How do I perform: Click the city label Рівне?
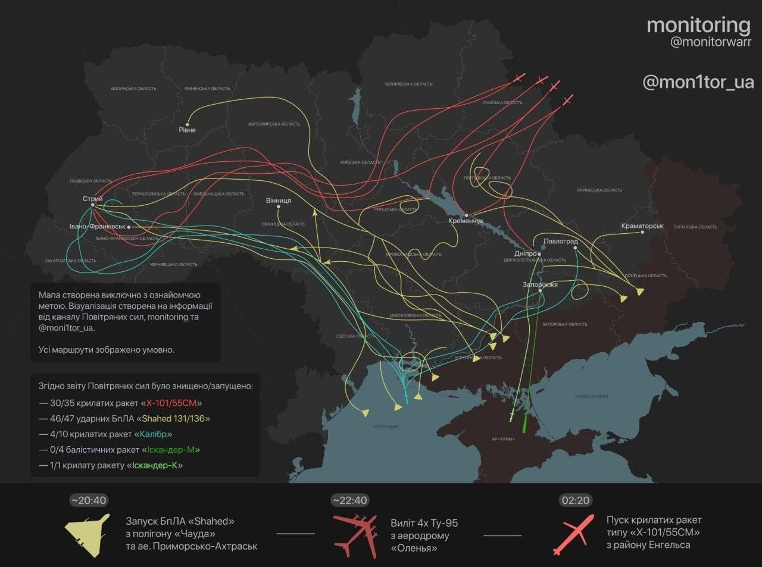click(187, 130)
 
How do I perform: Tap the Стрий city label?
click(93, 199)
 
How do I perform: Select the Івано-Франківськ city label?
click(98, 227)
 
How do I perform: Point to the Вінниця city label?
click(278, 201)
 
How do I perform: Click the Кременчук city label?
click(466, 221)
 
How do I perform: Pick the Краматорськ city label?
click(642, 226)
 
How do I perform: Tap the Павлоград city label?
click(560, 241)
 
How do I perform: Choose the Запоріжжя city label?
click(540, 284)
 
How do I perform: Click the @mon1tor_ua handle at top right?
click(698, 82)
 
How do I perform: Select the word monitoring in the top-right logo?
click(698, 25)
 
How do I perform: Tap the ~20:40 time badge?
click(89, 500)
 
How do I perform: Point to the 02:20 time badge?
click(575, 500)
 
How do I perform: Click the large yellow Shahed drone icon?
click(88, 535)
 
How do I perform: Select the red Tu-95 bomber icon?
click(355, 535)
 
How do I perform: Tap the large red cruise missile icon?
click(573, 534)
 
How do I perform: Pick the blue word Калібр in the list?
click(153, 434)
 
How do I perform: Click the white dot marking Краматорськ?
click(642, 233)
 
